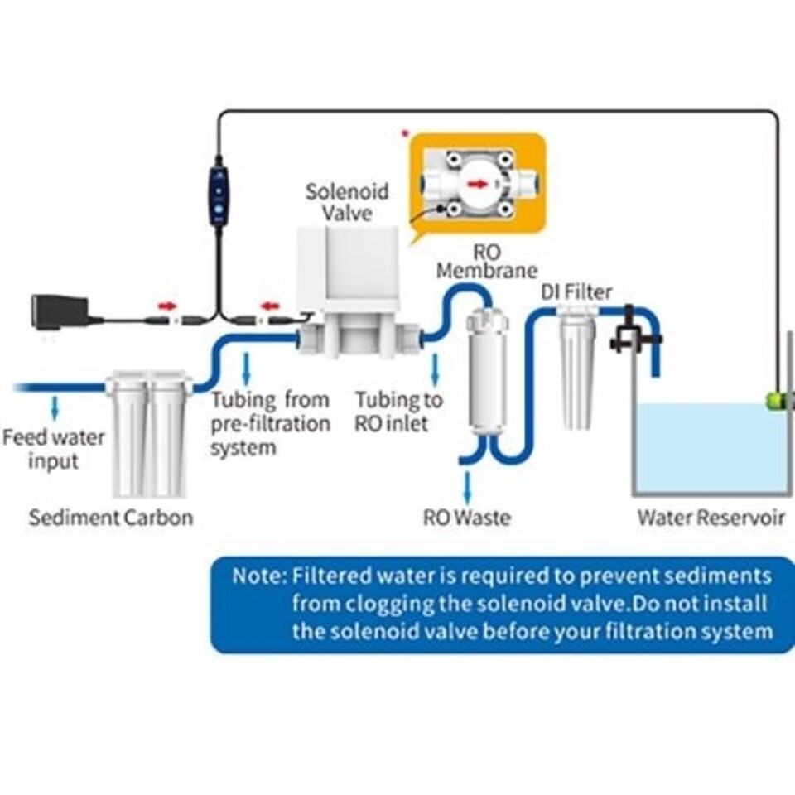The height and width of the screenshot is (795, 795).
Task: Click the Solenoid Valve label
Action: click(346, 202)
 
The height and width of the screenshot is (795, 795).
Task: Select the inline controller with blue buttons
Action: click(219, 195)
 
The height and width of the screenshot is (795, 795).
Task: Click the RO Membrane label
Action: click(486, 260)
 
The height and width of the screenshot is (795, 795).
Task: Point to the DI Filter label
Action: click(576, 291)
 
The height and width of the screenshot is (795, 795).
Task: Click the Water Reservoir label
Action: click(710, 518)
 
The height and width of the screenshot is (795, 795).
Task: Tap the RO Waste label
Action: click(466, 518)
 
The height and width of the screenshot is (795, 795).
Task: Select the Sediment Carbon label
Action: click(111, 518)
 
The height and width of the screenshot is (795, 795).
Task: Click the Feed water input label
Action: click(53, 448)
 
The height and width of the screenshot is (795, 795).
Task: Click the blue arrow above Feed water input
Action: click(55, 407)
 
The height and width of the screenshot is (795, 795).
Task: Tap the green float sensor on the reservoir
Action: click(775, 401)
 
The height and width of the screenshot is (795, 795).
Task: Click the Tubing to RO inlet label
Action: click(398, 412)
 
